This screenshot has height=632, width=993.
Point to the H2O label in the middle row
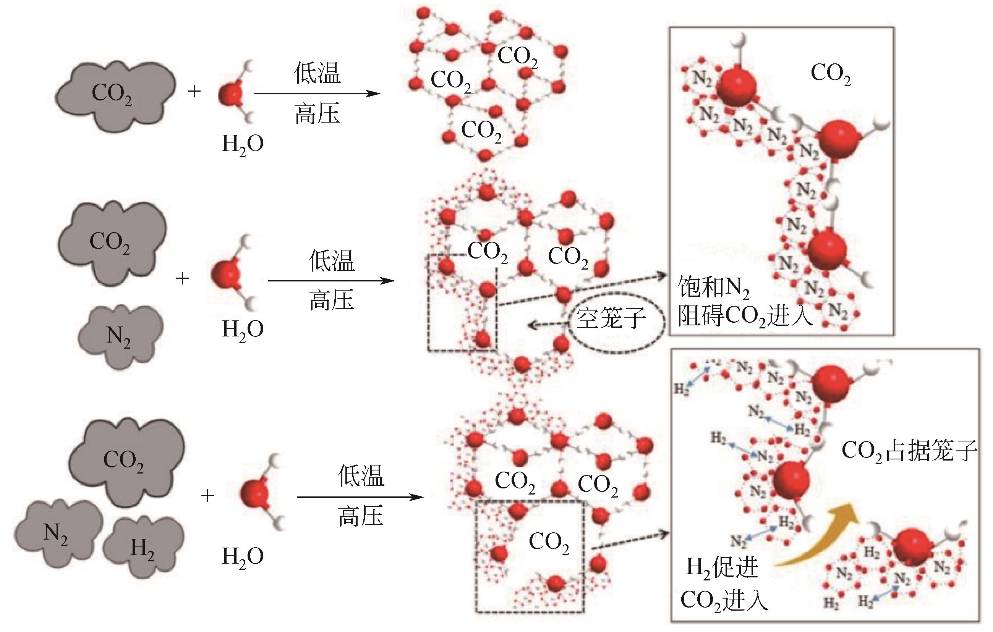[x=243, y=330]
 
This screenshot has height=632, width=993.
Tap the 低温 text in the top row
[x=317, y=73]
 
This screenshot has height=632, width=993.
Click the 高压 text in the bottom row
[x=361, y=516]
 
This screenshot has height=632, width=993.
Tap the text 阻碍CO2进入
[x=745, y=317]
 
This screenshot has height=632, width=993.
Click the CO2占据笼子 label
[x=909, y=450]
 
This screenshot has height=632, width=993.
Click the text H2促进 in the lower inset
[x=722, y=568]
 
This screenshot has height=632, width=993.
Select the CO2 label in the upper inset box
[x=831, y=74]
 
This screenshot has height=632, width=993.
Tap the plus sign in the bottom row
[x=207, y=496]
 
